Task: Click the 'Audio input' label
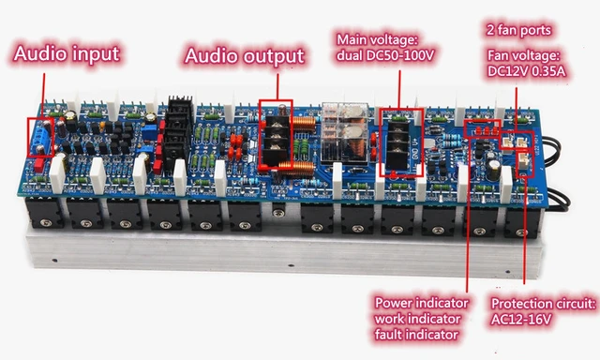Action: click(x=67, y=52)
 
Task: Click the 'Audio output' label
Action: click(x=245, y=56)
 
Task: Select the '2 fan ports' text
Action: click(x=525, y=28)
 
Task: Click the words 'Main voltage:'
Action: click(x=376, y=40)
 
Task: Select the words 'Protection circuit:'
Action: click(x=544, y=304)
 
